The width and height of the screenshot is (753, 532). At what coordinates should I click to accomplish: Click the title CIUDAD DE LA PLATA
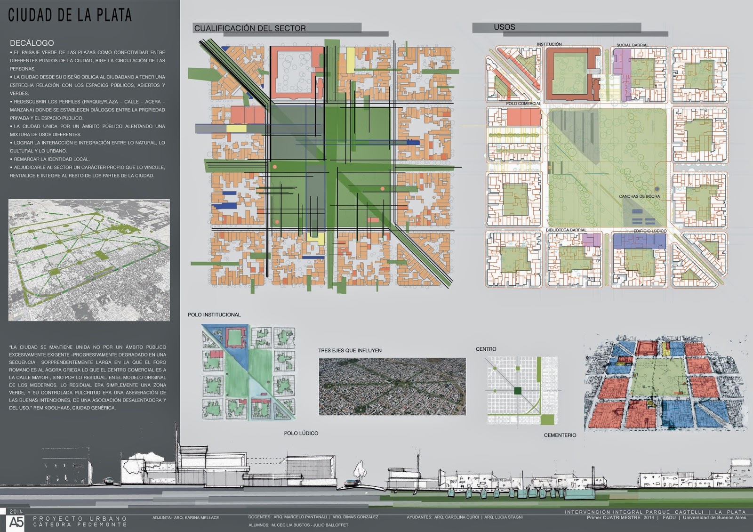tap(70, 15)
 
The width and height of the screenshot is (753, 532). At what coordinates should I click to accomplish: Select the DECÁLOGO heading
tap(32, 43)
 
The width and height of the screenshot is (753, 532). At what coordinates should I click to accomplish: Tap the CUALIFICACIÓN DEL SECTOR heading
tap(250, 28)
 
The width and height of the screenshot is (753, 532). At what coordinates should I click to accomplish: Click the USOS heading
tap(505, 27)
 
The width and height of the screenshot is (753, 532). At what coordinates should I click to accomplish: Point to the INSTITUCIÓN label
tap(549, 44)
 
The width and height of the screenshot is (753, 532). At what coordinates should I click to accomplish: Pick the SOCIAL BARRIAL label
tap(632, 45)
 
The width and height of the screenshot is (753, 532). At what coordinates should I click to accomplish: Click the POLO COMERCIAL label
tap(523, 104)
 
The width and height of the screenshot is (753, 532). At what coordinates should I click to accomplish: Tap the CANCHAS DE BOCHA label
tap(639, 196)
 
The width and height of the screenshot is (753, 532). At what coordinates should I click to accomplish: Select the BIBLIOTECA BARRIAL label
tap(566, 230)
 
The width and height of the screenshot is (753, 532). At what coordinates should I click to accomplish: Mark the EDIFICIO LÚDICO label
tap(650, 231)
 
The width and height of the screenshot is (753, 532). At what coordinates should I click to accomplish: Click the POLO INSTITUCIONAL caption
tap(214, 314)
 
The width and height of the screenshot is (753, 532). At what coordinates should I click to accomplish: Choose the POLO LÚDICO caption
tap(301, 433)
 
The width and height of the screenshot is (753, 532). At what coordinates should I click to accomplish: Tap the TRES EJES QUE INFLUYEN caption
tap(350, 351)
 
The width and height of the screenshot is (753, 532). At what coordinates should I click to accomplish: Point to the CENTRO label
tap(486, 349)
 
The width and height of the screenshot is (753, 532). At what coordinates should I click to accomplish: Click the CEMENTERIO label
tap(560, 435)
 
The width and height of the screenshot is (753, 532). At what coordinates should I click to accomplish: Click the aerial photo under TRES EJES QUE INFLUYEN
tap(392, 387)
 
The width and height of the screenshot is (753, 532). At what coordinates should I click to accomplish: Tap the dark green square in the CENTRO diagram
tap(518, 390)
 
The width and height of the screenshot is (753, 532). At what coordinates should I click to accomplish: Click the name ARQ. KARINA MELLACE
tap(196, 517)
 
